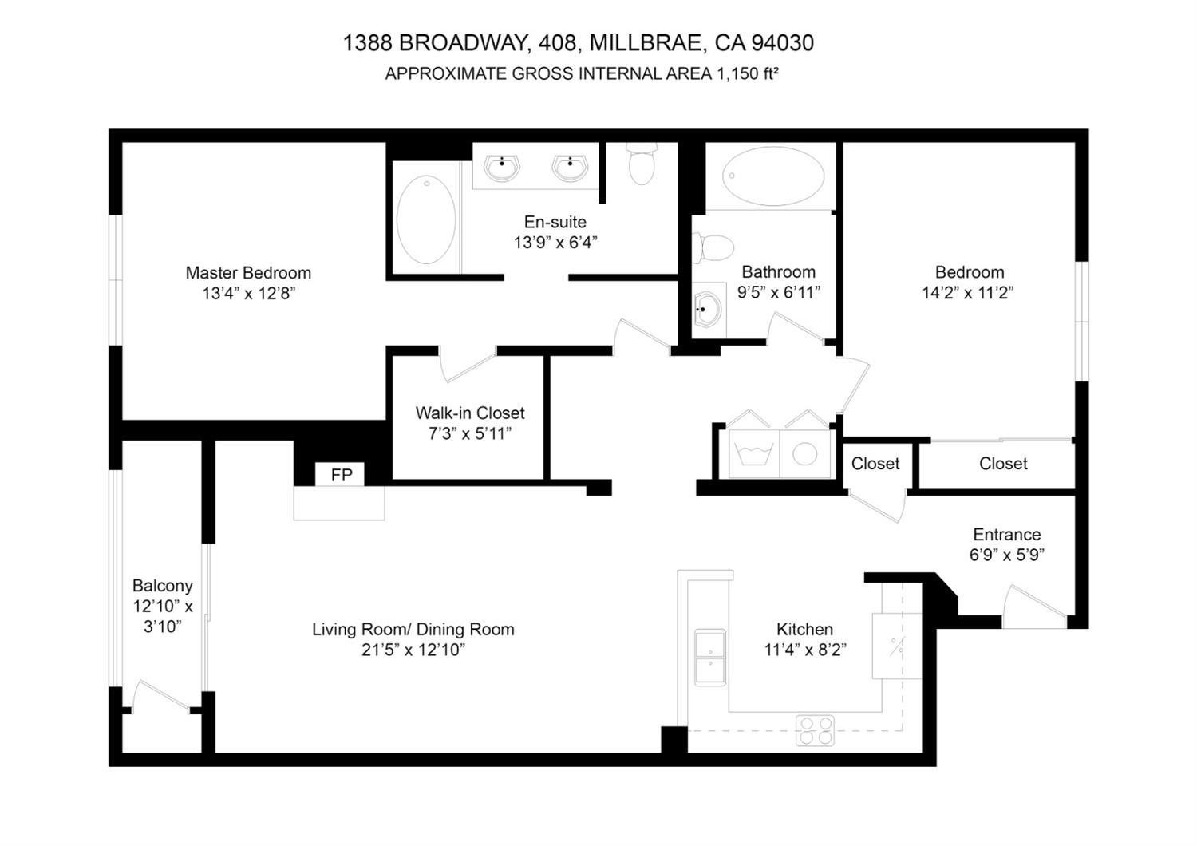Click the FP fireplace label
[x=342, y=476]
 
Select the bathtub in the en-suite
[x=426, y=220]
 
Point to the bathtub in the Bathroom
[x=773, y=176]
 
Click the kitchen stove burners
[x=815, y=730]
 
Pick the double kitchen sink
[x=709, y=658]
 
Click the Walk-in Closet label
[x=470, y=413]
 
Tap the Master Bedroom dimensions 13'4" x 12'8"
[x=248, y=294]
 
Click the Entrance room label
[x=1006, y=535]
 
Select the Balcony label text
[x=163, y=586]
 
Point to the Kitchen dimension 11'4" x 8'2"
[x=804, y=650]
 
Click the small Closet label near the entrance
[x=875, y=464]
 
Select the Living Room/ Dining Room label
[x=413, y=630]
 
